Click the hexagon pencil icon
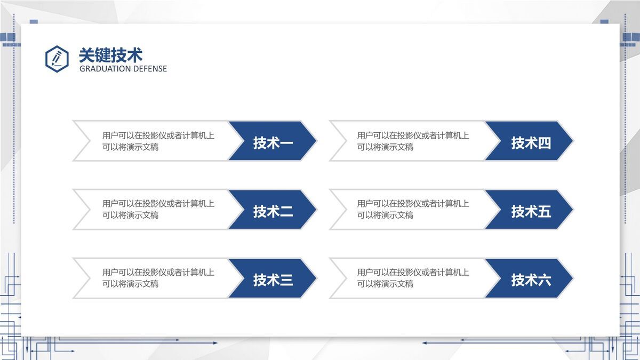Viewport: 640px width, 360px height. [57, 59]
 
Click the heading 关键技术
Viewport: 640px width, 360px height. [110, 55]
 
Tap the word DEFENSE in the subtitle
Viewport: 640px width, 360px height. [150, 69]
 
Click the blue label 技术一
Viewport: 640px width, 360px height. [273, 143]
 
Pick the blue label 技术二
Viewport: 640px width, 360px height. [273, 212]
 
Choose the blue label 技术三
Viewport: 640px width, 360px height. [273, 280]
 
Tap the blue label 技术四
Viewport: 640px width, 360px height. [531, 143]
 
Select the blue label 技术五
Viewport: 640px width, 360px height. [531, 212]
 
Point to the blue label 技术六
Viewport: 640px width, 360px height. [531, 280]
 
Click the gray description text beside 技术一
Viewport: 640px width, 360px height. [158, 141]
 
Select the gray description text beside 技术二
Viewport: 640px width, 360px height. [158, 209]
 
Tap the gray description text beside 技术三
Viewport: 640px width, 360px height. [158, 278]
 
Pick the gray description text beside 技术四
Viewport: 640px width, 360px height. [413, 141]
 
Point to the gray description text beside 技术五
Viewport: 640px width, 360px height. [413, 209]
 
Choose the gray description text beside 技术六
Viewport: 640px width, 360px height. [413, 278]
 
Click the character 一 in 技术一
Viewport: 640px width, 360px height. [286, 143]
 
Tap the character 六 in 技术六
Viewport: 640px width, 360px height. [544, 280]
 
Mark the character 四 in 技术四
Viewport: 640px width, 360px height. [544, 143]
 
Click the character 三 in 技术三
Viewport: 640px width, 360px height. [286, 280]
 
